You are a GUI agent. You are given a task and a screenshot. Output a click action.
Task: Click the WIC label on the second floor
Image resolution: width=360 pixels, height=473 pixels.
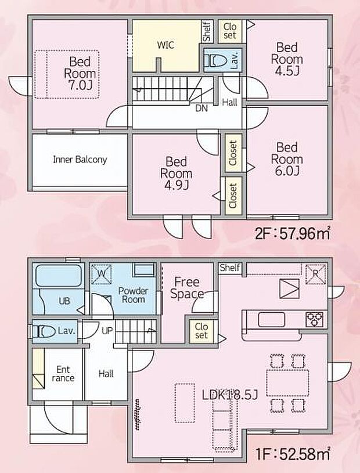(x=165, y=45)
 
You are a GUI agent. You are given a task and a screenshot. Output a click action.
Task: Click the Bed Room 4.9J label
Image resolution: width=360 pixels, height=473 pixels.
(x=176, y=172)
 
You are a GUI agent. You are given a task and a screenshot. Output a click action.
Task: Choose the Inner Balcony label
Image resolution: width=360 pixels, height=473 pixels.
(x=80, y=160)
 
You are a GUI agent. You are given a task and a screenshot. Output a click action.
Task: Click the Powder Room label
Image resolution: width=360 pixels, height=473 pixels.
(x=133, y=295)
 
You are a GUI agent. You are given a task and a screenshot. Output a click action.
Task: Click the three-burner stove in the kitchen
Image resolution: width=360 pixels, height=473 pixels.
(x=314, y=318)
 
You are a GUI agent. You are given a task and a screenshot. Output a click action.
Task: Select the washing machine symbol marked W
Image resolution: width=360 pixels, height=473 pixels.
(x=100, y=272)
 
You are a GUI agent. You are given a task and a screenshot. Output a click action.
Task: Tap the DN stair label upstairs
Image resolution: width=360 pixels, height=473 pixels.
(x=201, y=107)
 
